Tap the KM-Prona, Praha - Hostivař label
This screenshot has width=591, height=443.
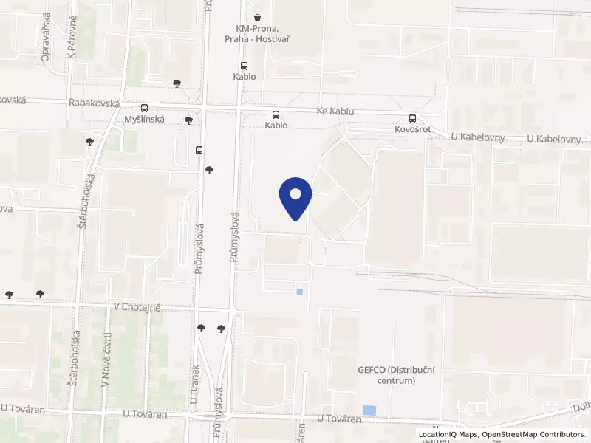256,33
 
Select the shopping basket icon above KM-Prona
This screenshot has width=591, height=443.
256,16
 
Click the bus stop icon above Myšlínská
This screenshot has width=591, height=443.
144,108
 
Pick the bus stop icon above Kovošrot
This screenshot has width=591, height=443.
412,117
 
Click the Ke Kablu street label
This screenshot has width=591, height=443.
335,111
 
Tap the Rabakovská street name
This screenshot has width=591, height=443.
94,104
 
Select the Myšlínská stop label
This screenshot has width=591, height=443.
144,119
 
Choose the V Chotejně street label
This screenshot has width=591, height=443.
137,306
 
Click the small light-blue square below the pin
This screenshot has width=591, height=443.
299,291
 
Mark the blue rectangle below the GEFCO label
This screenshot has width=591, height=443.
369,410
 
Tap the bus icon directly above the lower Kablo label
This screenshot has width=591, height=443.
276,114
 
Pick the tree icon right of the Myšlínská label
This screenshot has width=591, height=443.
189,120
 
